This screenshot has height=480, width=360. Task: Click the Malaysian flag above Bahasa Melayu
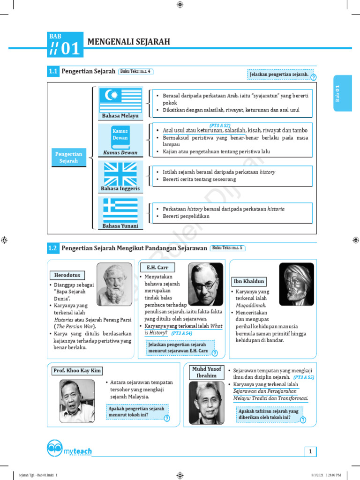[120, 99]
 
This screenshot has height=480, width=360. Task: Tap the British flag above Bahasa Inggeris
[120, 174]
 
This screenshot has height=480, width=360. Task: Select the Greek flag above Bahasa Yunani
[120, 210]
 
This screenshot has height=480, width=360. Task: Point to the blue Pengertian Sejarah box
[68, 157]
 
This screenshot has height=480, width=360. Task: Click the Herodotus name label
[67, 275]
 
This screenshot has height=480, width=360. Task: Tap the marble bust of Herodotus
[114, 284]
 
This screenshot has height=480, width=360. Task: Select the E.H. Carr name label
[157, 267]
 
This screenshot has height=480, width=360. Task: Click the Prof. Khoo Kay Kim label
[77, 371]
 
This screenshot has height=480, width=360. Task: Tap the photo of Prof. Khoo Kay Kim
[77, 400]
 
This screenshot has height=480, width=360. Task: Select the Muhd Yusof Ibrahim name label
[207, 372]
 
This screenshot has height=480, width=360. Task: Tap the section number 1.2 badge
[52, 248]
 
